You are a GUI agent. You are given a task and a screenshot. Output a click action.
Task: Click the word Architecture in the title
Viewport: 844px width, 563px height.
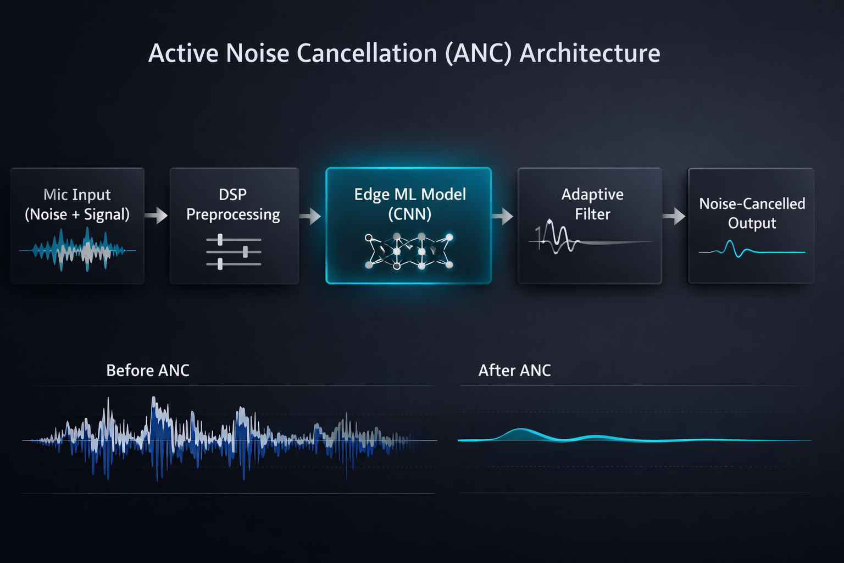point(590,53)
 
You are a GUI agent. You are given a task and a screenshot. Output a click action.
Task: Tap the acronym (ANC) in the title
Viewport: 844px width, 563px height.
point(478,53)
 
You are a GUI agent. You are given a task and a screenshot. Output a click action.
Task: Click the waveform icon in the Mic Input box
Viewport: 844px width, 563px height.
point(77,251)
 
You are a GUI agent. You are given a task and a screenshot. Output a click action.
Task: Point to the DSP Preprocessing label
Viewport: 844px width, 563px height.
point(233,204)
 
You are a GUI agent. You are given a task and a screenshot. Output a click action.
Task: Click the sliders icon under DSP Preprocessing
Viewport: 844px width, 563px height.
point(234,252)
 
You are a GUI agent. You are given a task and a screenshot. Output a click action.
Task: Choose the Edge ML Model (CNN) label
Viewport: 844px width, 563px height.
point(410,203)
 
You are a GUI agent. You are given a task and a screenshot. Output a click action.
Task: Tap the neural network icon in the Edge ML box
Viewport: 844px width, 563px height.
point(409,252)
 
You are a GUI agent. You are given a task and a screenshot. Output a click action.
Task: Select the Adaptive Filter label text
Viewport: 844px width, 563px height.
point(592,204)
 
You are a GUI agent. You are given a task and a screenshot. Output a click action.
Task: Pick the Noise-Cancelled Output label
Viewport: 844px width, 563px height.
point(752,213)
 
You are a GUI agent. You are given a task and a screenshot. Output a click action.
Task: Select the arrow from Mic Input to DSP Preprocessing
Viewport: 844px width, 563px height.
point(157,215)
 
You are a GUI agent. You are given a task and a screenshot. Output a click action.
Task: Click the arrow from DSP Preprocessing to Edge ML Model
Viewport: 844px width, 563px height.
point(311,216)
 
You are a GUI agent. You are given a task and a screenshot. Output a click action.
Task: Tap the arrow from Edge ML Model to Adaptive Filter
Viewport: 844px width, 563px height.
point(503,216)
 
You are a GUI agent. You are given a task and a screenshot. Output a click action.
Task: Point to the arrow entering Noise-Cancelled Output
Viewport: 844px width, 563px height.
point(674,216)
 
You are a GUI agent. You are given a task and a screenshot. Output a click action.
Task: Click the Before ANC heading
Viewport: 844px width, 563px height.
point(148,371)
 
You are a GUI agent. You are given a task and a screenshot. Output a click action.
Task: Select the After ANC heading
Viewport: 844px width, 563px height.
point(514,371)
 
